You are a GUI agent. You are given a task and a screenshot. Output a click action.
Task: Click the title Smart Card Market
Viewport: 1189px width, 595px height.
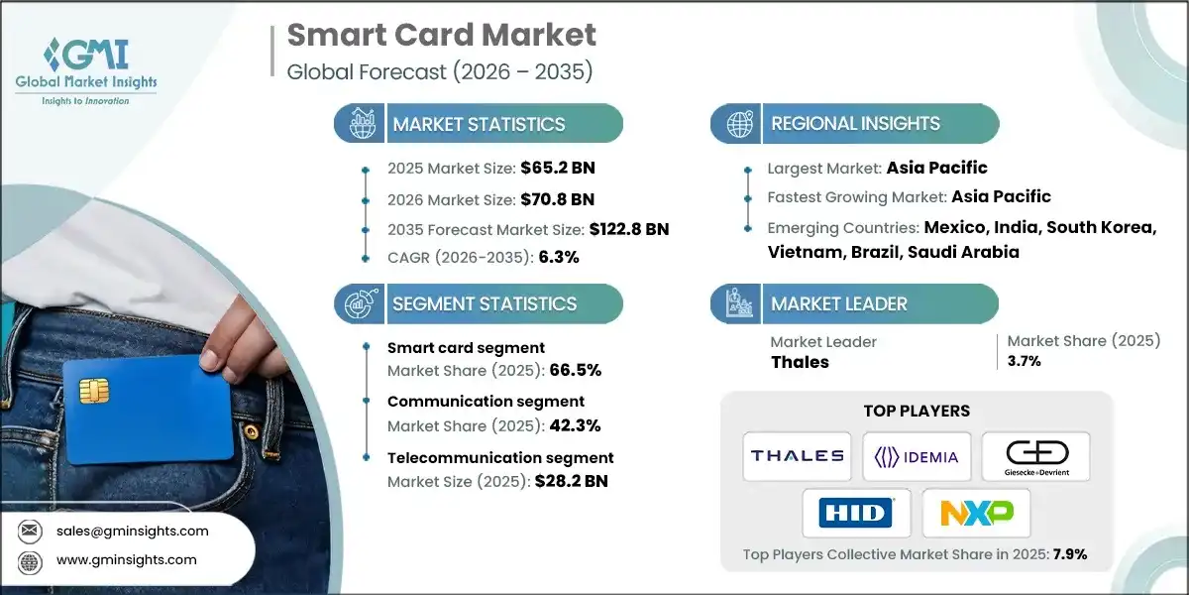[442, 36]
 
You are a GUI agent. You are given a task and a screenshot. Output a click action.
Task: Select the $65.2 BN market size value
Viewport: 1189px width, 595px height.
[558, 167]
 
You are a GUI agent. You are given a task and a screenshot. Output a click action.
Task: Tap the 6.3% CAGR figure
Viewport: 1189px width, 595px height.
[559, 257]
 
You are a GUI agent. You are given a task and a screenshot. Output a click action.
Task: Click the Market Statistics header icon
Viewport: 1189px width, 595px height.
[358, 124]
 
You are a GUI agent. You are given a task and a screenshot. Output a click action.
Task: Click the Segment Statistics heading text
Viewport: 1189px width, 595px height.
[485, 303]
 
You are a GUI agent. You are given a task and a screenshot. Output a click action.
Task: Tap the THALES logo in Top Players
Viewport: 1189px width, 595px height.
[797, 456]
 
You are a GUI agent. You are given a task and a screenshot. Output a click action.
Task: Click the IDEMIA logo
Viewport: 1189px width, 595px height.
[917, 456]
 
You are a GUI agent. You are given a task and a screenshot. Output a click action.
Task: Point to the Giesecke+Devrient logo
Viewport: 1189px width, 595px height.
[1035, 456]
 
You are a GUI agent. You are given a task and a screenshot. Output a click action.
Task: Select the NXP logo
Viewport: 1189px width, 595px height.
[976, 513]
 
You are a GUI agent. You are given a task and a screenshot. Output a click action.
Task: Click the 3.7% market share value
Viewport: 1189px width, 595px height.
[1024, 361]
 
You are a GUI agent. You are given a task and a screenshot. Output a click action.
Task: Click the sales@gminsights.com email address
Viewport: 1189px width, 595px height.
[131, 531]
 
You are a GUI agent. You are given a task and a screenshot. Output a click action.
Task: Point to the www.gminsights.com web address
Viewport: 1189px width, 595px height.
[127, 559]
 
